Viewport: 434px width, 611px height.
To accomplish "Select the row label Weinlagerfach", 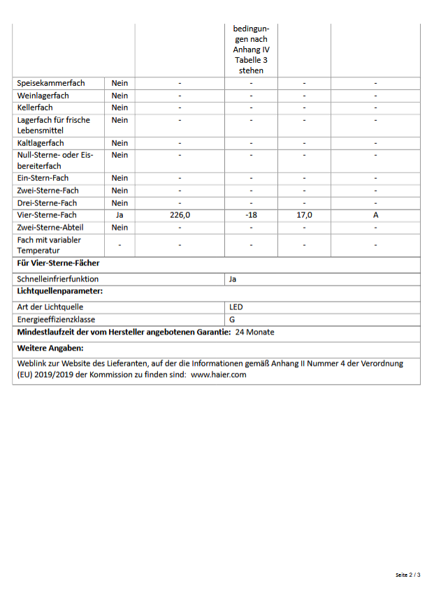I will tap(43, 96).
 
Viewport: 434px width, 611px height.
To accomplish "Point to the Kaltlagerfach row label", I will tap(41, 143).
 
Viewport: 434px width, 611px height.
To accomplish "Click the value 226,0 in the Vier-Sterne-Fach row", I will tap(180, 215).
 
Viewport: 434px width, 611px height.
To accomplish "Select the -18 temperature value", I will tap(251, 215).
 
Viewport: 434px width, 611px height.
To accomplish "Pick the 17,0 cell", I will tap(304, 215).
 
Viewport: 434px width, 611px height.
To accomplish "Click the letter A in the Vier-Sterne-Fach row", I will tap(375, 215).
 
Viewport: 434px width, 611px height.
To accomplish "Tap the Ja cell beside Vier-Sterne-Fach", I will tap(120, 215).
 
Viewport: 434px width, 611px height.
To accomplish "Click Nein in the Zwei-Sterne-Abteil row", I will tap(120, 227).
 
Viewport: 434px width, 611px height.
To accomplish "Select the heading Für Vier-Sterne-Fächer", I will tap(58, 263).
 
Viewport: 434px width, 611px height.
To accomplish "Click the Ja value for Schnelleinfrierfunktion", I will tap(233, 279).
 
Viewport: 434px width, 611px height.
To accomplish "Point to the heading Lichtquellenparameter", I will tap(60, 290).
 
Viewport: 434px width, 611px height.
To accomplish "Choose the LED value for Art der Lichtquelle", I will tap(236, 307).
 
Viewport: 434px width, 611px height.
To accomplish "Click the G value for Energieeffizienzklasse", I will tap(232, 319).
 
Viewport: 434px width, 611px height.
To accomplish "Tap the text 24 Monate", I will tap(255, 332).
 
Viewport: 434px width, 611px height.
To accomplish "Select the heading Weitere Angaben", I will tap(50, 347).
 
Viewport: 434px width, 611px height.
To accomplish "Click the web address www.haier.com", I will tap(219, 374).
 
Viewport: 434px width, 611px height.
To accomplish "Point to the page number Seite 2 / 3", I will tap(408, 575).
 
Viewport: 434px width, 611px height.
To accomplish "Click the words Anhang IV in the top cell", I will tap(251, 50).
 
